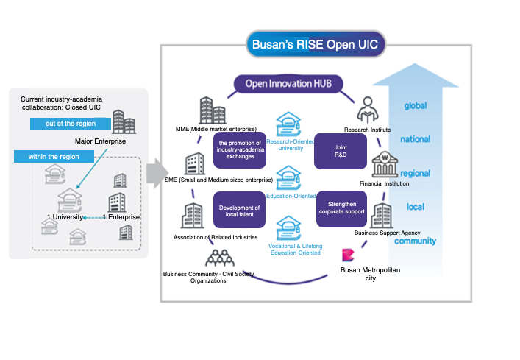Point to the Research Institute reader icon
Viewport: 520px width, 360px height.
(x=367, y=113)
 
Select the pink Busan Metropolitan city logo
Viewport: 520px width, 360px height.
(x=349, y=257)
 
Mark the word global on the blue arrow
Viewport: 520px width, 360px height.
(x=416, y=106)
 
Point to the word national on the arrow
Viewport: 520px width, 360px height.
(x=416, y=139)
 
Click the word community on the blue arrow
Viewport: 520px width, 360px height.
(x=416, y=241)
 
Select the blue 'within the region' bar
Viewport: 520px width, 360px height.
(x=54, y=157)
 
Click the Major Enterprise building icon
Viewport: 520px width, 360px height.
(x=124, y=122)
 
